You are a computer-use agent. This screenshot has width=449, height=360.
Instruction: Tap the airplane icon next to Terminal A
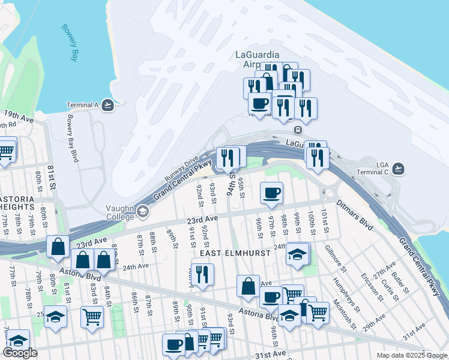(x=107, y=105)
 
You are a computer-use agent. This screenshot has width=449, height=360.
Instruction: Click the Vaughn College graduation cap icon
(x=143, y=211)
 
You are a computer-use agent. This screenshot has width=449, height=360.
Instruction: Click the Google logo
(x=20, y=353)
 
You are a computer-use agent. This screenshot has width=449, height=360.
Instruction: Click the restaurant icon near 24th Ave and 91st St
(x=202, y=275)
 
